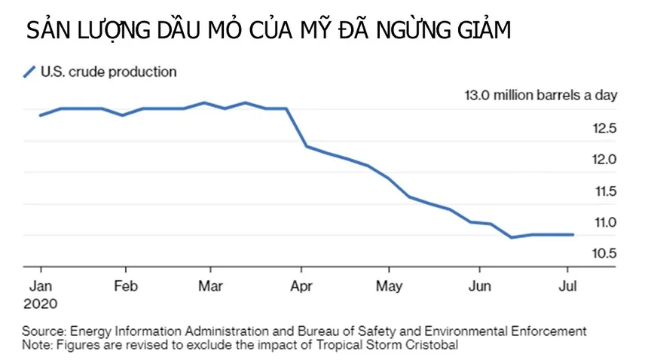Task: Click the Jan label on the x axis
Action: [41, 285]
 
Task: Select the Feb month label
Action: [126, 285]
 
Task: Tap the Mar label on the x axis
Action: [210, 285]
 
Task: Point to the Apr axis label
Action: [301, 286]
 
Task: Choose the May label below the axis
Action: [389, 286]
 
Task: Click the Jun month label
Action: [480, 285]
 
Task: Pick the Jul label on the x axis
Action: [568, 285]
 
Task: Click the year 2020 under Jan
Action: [41, 304]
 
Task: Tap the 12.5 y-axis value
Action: [604, 128]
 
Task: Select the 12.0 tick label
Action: [604, 160]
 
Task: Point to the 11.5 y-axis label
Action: [606, 191]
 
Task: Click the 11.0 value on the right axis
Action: [606, 222]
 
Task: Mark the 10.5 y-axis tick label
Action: [604, 253]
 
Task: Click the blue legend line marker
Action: [29, 72]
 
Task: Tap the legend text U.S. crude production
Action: [109, 72]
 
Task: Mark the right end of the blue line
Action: [573, 234]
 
